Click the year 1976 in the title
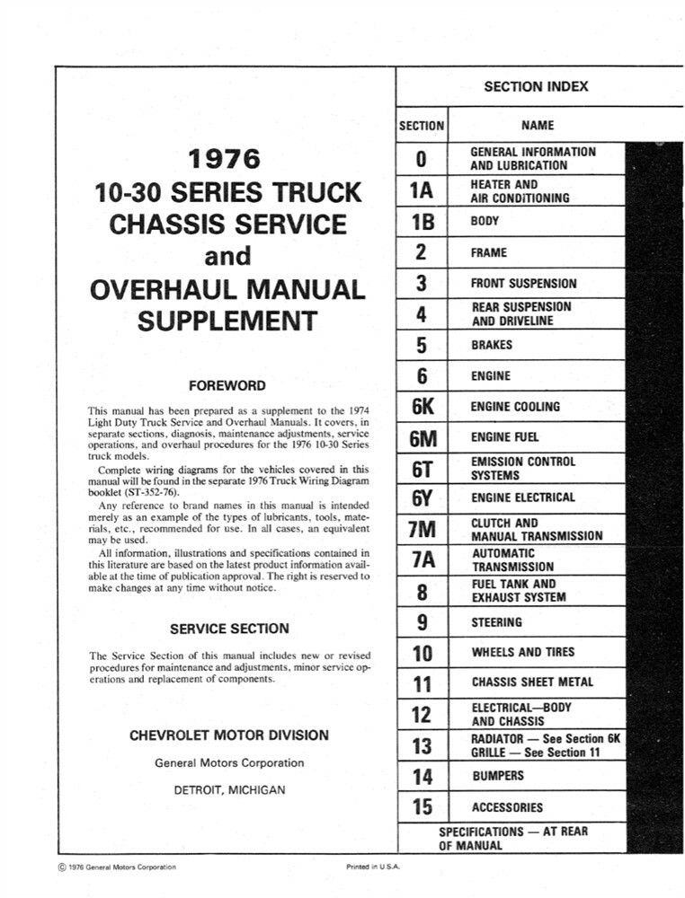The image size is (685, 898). [x=225, y=160]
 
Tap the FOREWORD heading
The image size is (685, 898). [x=227, y=385]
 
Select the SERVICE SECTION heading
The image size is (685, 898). [x=229, y=629]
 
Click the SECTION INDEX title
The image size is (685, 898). [x=536, y=86]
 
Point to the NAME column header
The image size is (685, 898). [x=538, y=126]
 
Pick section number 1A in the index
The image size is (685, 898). [x=421, y=190]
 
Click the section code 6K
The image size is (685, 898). [x=421, y=407]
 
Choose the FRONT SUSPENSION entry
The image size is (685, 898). [x=523, y=284]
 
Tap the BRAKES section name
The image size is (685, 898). [x=491, y=345]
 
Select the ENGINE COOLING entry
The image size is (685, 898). [x=515, y=407]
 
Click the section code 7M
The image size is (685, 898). [x=421, y=530]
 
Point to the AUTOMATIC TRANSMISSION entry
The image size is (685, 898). [x=512, y=560]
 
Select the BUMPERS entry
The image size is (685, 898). [x=497, y=776]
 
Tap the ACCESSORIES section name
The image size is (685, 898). [x=507, y=807]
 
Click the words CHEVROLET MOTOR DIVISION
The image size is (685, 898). [x=229, y=735]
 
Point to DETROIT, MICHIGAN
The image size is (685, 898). [x=229, y=790]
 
